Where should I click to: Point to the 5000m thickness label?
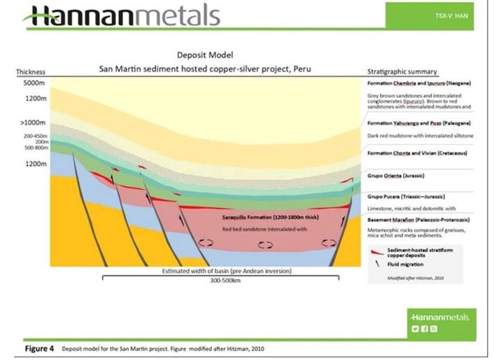29,83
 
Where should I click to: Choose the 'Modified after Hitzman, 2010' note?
407,278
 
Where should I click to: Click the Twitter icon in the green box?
416,328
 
